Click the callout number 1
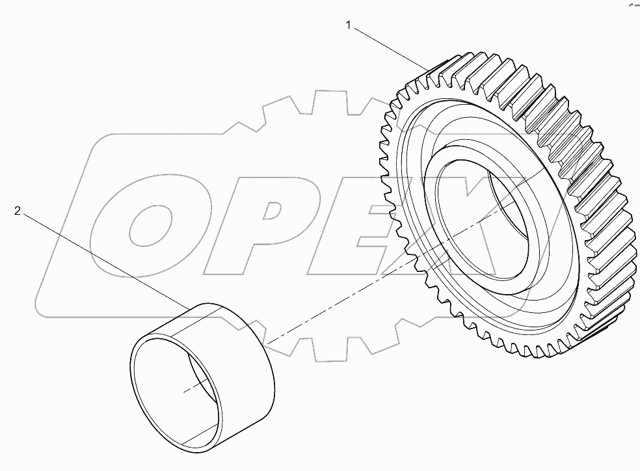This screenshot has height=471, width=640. pos(349,26)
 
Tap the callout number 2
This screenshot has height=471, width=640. pos(18,211)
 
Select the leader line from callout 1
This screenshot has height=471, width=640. pos(390,47)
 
